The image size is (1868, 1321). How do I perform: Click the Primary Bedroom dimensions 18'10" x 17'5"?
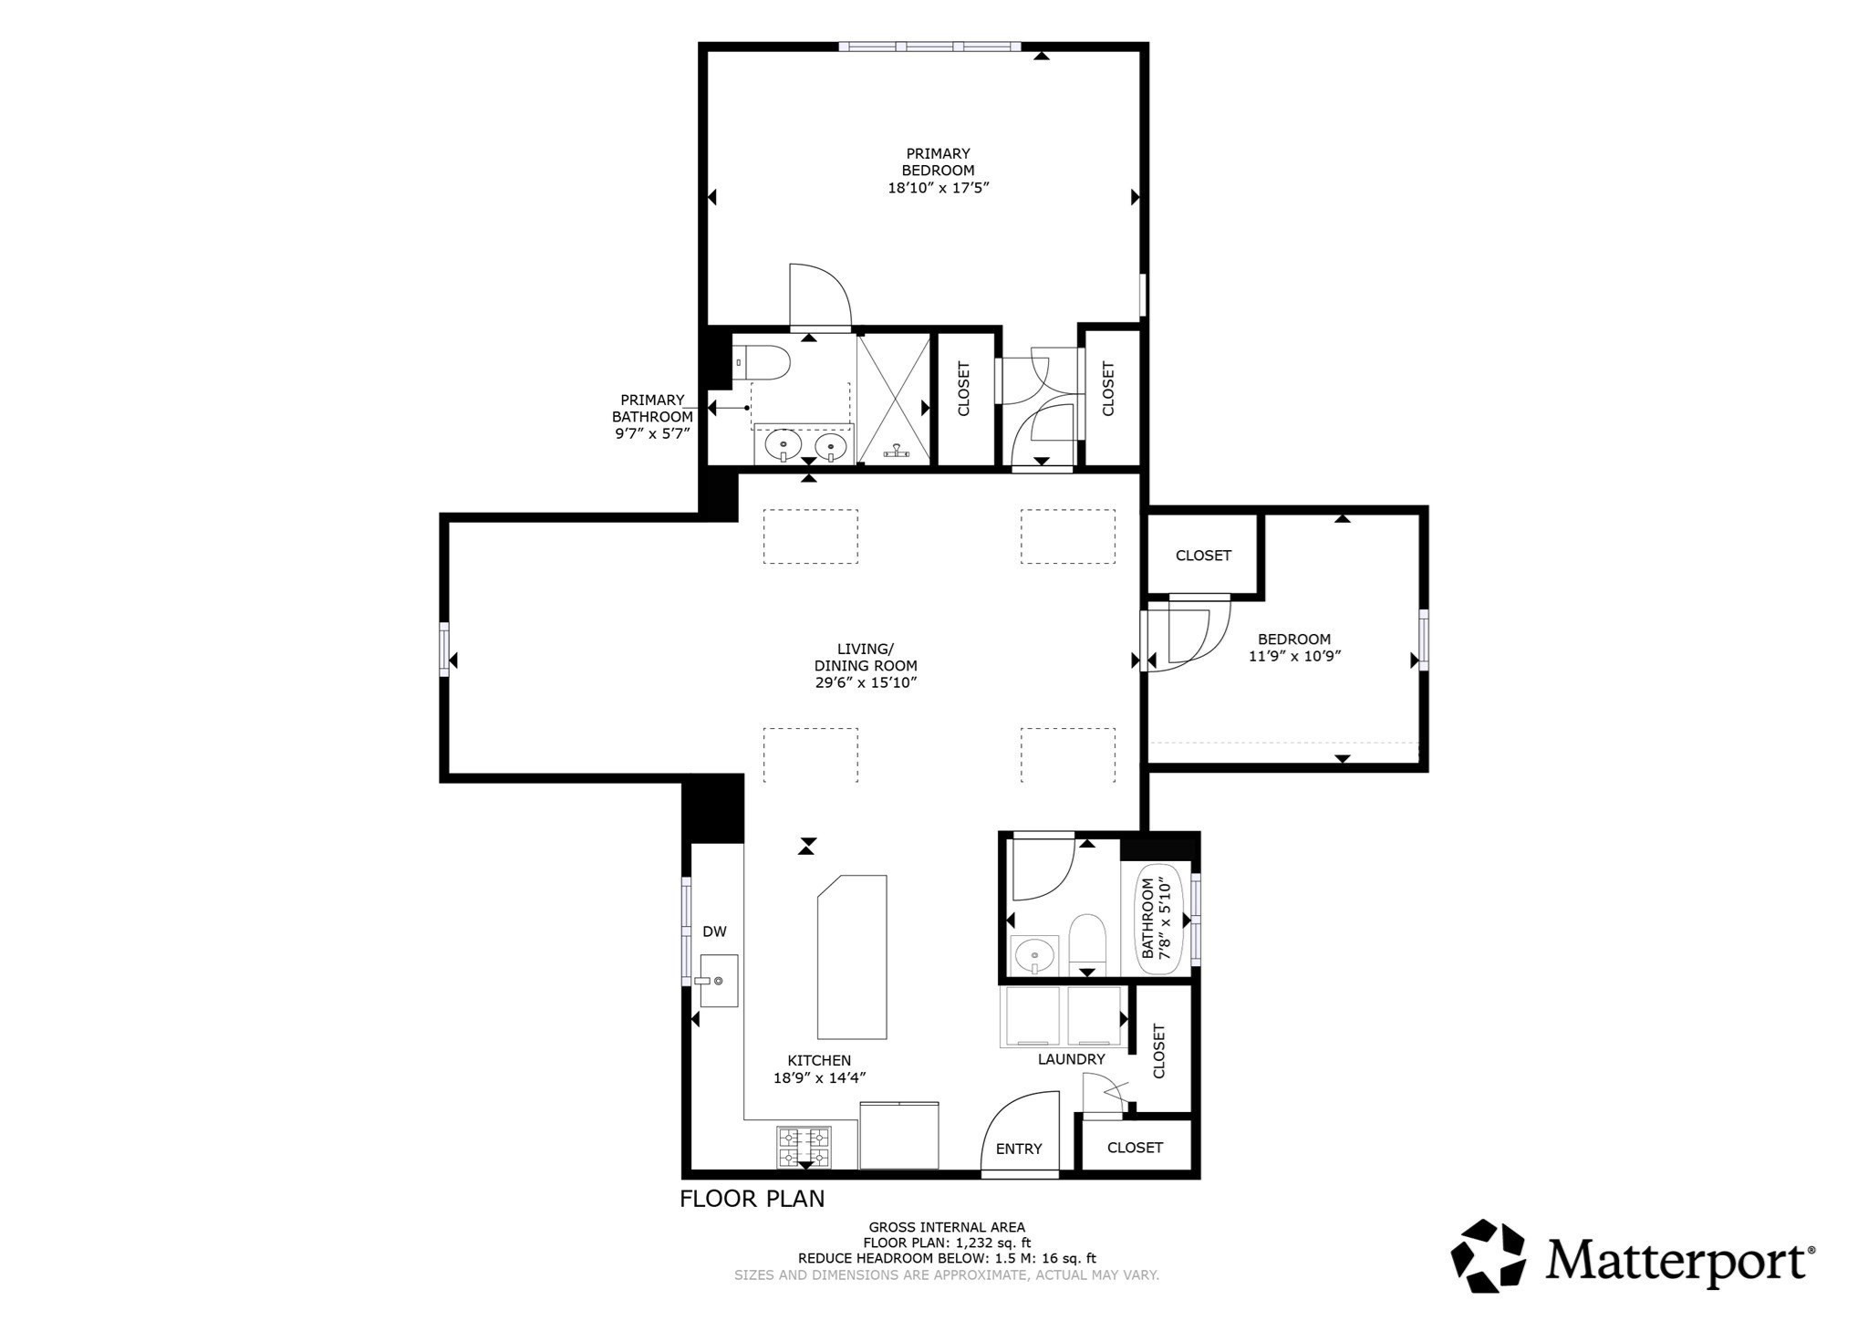coord(938,188)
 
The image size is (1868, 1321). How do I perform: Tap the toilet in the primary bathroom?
coord(762,362)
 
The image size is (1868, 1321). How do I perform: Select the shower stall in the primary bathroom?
coord(893,400)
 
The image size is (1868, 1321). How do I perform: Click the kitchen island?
coord(853,957)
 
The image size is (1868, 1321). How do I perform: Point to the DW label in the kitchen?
coord(714,931)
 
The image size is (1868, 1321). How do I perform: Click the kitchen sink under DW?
coord(719,981)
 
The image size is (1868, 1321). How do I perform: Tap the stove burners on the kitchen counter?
coord(804,1147)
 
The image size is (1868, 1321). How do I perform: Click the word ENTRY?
coord(1018,1149)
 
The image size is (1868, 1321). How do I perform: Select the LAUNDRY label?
coord(1071,1059)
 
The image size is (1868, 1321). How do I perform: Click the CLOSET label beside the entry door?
coord(1135,1148)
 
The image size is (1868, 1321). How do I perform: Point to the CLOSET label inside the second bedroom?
coord(1203,556)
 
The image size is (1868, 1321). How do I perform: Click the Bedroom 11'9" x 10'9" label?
coord(1294,647)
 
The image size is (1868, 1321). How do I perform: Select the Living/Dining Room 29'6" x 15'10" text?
coord(865,666)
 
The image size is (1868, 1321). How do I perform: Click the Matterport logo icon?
coord(1488,1256)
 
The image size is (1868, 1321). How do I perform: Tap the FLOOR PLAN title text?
coord(752,1199)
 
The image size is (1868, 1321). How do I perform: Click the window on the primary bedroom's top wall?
coord(929,47)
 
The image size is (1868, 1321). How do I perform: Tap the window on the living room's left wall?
coord(444,649)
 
